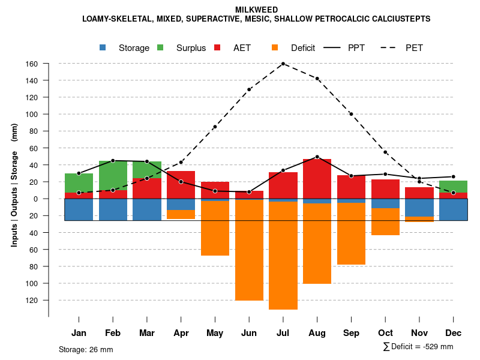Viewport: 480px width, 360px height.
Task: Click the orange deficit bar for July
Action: pos(283,255)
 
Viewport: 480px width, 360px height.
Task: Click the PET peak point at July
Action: pos(283,64)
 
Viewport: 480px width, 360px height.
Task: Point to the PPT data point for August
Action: pos(317,157)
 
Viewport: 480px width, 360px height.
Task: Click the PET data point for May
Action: pos(215,127)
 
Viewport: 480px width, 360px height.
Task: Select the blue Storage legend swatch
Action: pos(104,48)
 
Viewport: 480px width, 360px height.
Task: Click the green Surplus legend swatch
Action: pos(161,48)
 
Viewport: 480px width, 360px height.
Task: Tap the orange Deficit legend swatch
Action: pos(275,48)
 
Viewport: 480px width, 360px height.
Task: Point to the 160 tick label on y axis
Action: pos(32,64)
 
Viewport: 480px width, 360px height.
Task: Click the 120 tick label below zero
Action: pos(32,300)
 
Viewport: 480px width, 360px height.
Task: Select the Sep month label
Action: pos(351,333)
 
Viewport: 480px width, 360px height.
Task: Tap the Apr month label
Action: pos(181,333)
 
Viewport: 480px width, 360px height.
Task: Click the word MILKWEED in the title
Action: pos(256,10)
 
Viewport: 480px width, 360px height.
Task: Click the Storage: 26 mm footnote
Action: pos(86,349)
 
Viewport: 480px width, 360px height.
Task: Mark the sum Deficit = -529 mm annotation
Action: pos(418,347)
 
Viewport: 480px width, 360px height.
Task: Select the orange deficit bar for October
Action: pos(385,221)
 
